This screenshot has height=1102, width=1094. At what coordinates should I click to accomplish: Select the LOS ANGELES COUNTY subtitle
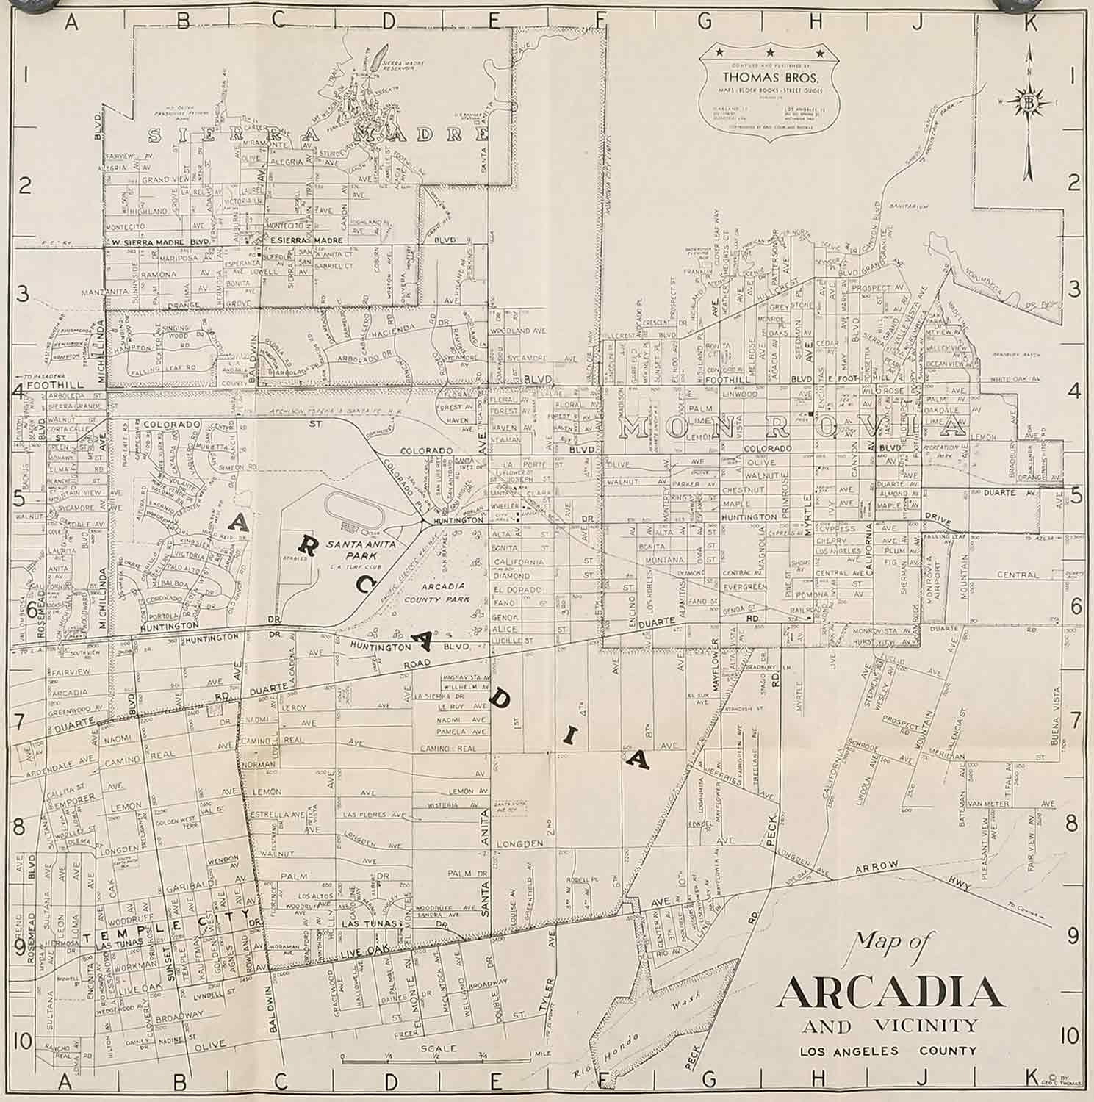pos(888,1051)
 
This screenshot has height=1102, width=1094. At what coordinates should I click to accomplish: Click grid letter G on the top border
pos(705,21)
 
